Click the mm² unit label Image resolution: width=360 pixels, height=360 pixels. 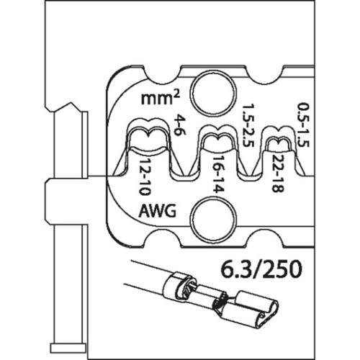161,98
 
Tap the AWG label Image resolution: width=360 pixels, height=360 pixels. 158,211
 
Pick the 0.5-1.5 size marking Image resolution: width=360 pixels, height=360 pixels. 303,125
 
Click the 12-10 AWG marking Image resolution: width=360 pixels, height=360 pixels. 145,176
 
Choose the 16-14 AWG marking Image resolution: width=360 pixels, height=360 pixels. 218,174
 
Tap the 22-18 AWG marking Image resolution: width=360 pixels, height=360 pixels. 278,173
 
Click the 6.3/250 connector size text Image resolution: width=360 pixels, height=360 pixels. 261,269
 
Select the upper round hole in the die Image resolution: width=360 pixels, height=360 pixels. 213,92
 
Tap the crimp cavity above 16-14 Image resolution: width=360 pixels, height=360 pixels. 217,141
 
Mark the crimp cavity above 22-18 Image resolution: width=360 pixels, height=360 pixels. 279,141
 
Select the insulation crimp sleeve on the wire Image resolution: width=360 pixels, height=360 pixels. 179,287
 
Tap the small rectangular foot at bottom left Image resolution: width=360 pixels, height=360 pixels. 68,348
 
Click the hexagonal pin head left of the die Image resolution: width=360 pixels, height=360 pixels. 66,200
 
